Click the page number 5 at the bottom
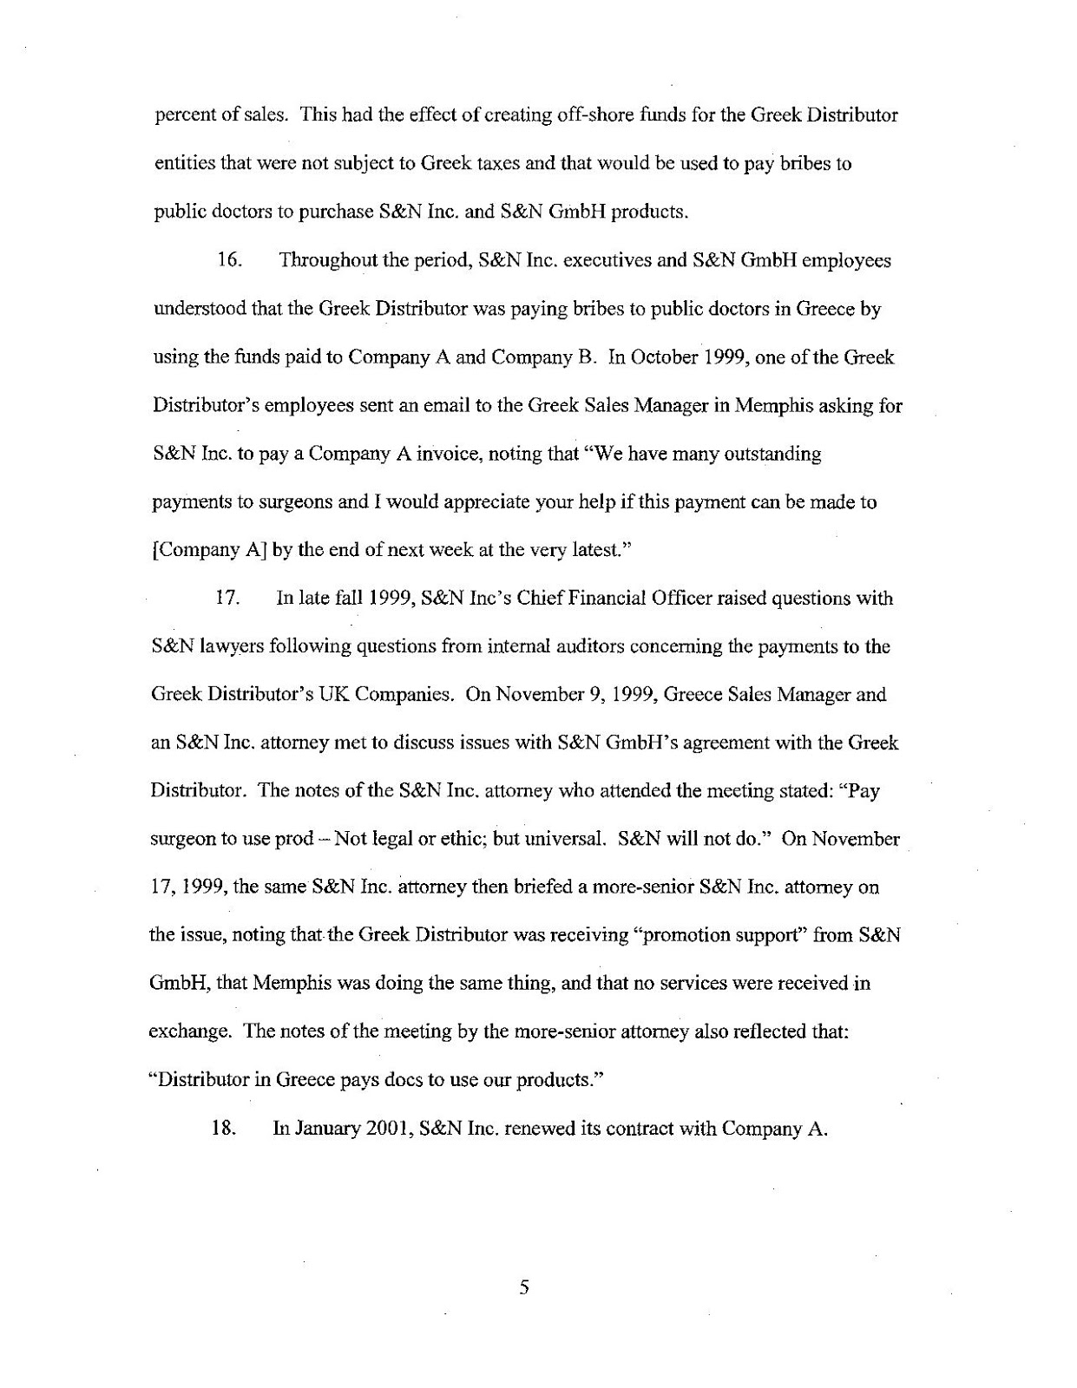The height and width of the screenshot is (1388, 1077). point(523,1287)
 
